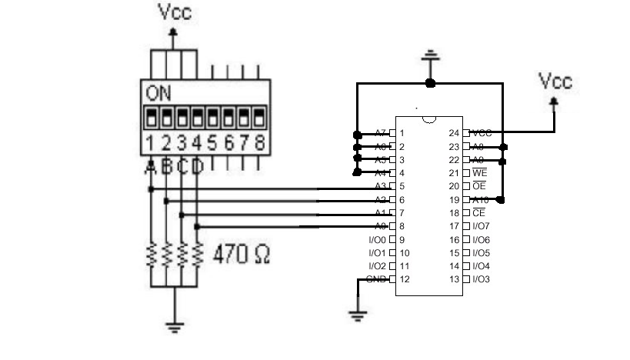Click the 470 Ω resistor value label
[241, 253]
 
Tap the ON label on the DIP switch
[158, 95]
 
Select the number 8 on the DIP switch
[259, 142]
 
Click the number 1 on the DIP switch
[152, 142]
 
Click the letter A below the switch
[151, 166]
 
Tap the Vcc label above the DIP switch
[175, 12]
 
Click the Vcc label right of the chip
[555, 81]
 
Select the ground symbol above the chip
[431, 55]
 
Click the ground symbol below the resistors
[175, 325]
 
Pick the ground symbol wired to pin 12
[357, 314]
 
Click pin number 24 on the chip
[455, 133]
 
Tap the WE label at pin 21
[479, 173]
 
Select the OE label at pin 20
[479, 186]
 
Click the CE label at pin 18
[478, 213]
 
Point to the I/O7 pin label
[481, 226]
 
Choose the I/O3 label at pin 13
[481, 279]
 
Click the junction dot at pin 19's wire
[502, 200]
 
